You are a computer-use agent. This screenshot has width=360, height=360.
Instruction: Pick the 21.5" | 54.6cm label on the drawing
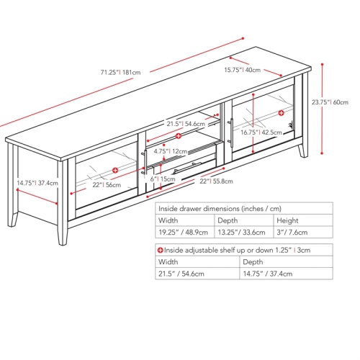coord(184,124)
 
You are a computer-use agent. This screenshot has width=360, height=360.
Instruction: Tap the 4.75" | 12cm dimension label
coord(170,152)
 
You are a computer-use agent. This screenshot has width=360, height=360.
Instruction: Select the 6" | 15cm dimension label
coord(163,179)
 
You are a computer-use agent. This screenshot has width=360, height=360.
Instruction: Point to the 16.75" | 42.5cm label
coord(259,132)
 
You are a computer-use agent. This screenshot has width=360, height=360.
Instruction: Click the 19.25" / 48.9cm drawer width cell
coord(183,233)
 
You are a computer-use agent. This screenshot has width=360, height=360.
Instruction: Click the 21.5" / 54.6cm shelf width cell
coord(183,274)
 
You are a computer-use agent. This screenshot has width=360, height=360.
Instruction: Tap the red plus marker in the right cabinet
coord(282,113)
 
